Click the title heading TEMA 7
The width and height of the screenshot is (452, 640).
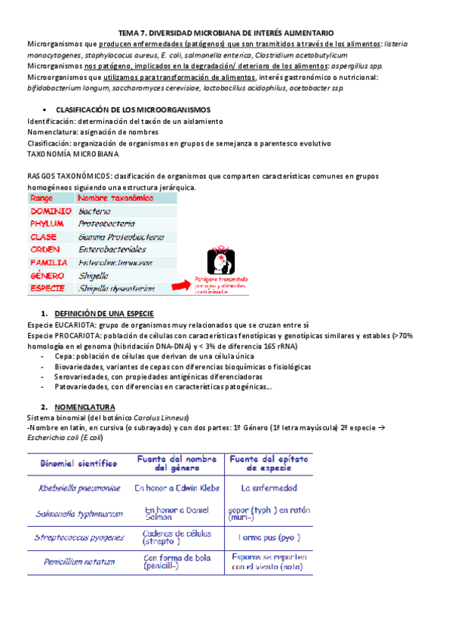[x=226, y=34]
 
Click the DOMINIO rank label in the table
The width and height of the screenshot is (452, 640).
[x=51, y=212]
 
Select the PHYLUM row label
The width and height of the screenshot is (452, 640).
[x=49, y=224]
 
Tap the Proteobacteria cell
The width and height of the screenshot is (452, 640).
[x=107, y=224]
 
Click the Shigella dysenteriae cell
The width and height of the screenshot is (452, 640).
[x=117, y=288]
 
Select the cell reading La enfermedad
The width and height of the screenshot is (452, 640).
[x=264, y=488]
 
